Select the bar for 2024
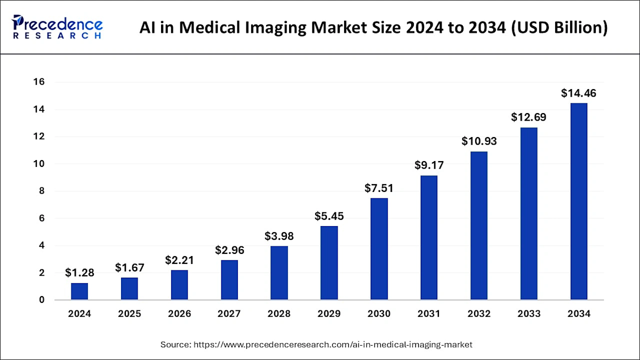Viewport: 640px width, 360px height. click(79, 291)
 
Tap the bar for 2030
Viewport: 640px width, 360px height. click(379, 249)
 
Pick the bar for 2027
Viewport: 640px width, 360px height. click(229, 280)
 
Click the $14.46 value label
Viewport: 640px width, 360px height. click(579, 93)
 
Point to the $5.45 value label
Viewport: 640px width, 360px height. click(329, 217)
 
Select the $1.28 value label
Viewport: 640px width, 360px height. click(79, 273)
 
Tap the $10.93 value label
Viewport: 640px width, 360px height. click(478, 142)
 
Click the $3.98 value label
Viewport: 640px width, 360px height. click(279, 236)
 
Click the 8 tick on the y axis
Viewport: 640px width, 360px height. click(41, 191)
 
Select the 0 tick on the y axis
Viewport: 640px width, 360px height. click(41, 300)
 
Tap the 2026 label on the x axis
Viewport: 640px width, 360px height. click(179, 314)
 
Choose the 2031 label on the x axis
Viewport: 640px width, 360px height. click(429, 314)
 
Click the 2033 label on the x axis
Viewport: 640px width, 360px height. click(529, 314)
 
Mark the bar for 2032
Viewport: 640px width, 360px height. click(478, 226)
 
